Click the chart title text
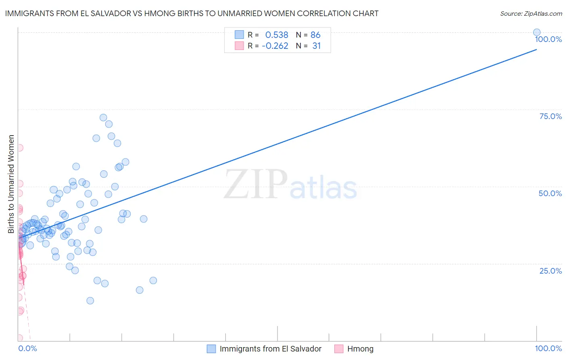[192, 13]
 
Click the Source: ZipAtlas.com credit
[531, 13]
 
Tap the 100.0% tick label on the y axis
[548, 39]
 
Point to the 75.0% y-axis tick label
[550, 116]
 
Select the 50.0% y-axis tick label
[550, 193]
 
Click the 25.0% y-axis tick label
[550, 271]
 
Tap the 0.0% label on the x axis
[27, 348]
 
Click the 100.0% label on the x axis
[548, 348]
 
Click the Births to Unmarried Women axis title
[11, 184]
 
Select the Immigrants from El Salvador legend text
[270, 349]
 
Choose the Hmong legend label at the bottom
[360, 349]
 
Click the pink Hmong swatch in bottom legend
[339, 349]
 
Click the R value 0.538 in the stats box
[277, 35]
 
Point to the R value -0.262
[275, 46]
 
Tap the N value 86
[315, 35]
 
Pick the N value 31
[317, 46]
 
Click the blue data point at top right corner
[537, 32]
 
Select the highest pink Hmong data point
[19, 148]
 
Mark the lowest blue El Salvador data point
[90, 301]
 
